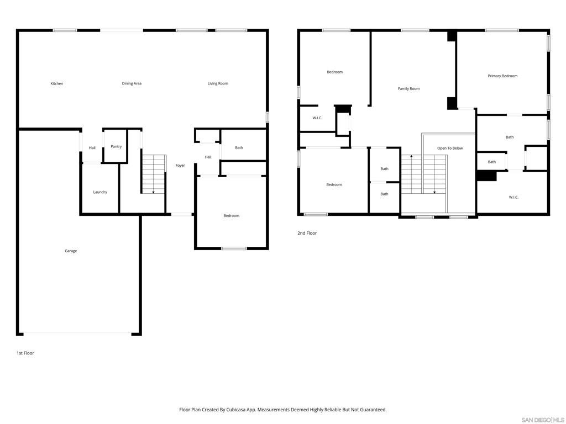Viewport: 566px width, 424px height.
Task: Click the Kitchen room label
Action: click(57, 84)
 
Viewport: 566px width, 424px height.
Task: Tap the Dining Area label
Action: click(132, 84)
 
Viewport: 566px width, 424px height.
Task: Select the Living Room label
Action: click(218, 84)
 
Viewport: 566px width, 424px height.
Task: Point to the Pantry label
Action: click(116, 147)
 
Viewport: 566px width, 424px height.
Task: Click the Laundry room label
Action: click(100, 192)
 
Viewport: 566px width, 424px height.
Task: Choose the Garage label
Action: click(71, 251)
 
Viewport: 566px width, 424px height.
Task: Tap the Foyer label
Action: click(180, 166)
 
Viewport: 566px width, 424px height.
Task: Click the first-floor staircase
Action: click(154, 174)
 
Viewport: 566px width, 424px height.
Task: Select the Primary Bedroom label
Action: click(502, 76)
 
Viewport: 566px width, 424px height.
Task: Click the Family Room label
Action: click(408, 89)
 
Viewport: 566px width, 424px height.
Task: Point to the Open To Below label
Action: click(450, 148)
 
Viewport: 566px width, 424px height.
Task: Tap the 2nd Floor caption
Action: click(307, 234)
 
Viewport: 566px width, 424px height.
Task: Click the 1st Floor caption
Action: click(25, 353)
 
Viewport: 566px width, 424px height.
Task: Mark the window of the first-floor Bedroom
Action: click(234, 248)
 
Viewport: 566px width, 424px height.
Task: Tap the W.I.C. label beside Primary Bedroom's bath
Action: click(513, 198)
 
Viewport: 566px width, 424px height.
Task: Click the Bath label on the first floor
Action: click(239, 148)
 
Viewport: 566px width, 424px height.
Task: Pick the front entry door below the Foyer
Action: click(181, 215)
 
